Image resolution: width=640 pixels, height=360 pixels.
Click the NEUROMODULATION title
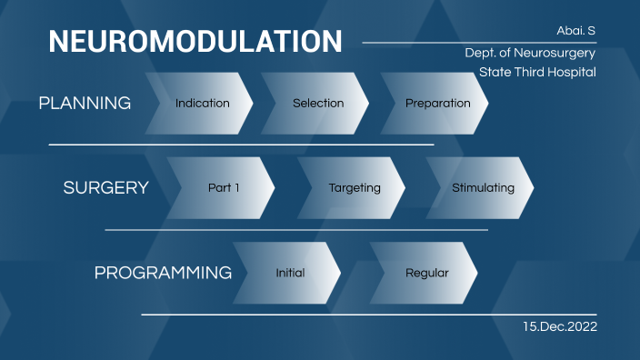click(x=195, y=42)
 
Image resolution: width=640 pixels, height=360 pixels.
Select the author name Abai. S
click(x=575, y=31)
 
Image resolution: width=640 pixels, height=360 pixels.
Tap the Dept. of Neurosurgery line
click(x=530, y=53)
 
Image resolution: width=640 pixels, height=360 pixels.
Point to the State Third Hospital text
click(x=537, y=72)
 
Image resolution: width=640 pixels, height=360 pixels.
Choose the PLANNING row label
click(x=85, y=104)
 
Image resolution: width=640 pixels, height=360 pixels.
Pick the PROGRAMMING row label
click(x=163, y=273)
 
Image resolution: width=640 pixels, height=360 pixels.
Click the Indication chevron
click(x=202, y=104)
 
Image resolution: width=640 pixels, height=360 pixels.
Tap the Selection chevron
click(x=318, y=104)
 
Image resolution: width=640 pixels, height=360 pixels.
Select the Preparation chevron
click(x=437, y=104)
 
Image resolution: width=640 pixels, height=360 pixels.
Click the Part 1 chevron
click(x=224, y=188)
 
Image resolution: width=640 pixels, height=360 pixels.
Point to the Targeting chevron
click(x=355, y=188)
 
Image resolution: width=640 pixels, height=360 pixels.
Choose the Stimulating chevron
click(x=483, y=188)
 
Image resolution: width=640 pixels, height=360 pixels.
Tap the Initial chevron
click(x=290, y=273)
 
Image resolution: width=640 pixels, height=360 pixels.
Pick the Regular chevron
click(x=426, y=273)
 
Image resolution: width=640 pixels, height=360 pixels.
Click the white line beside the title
click(x=455, y=42)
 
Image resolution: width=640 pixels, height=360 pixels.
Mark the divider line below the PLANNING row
click(x=241, y=145)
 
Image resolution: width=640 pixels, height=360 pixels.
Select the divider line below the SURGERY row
click(x=295, y=230)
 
